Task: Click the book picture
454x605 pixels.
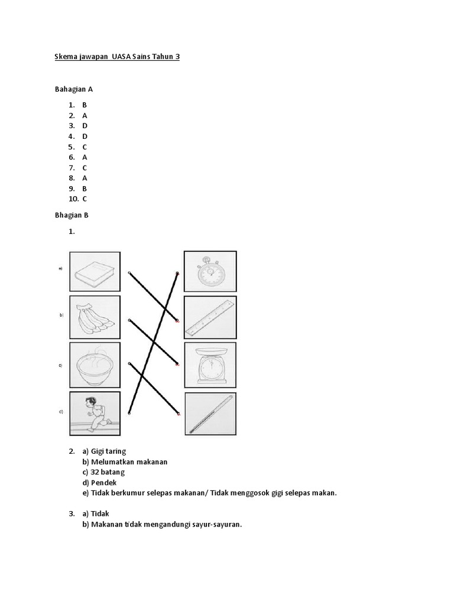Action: coord(95,272)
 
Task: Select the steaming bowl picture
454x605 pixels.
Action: coord(95,365)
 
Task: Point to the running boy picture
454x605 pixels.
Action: coord(95,412)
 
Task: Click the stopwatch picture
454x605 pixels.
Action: coord(210,271)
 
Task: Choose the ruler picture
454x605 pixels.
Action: coord(210,317)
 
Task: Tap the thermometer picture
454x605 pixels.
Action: coord(210,413)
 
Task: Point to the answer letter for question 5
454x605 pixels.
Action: coord(85,147)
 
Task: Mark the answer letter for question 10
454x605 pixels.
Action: coord(85,199)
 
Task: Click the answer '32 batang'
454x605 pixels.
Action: coord(108,472)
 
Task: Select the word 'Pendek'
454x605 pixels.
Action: coord(104,483)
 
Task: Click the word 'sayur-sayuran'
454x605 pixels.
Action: coord(216,524)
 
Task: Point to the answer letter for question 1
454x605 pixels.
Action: coord(85,105)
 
